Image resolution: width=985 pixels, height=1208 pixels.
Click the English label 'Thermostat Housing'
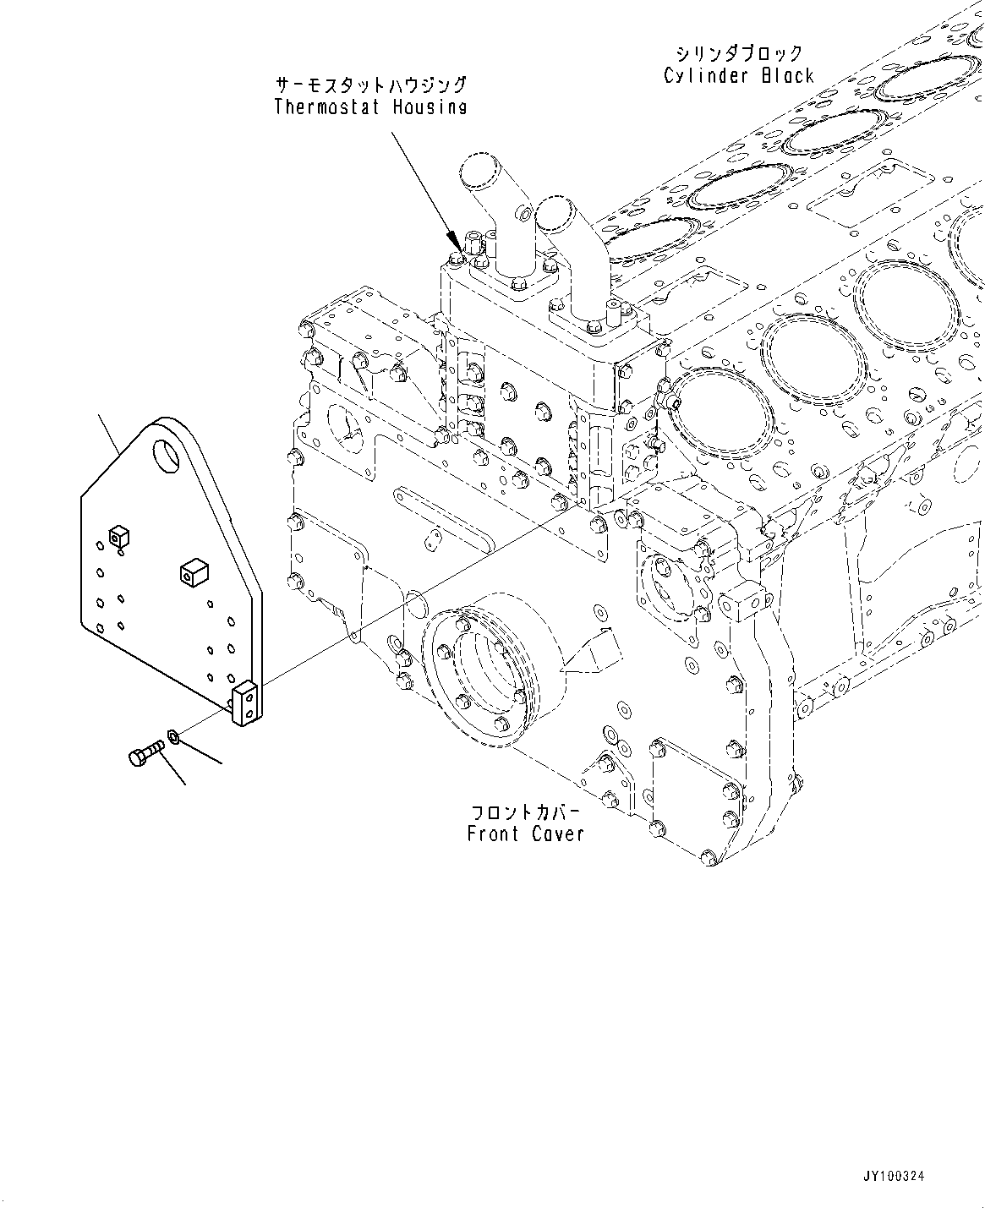[x=370, y=107]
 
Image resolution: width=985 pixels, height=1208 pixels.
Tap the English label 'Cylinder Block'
[x=738, y=76]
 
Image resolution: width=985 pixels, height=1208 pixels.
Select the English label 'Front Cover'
[x=525, y=834]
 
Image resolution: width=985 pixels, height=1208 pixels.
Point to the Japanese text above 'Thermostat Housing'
[x=370, y=85]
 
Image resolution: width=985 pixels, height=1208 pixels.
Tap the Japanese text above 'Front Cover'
[x=525, y=812]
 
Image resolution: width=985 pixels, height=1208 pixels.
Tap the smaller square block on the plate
[x=118, y=534]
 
